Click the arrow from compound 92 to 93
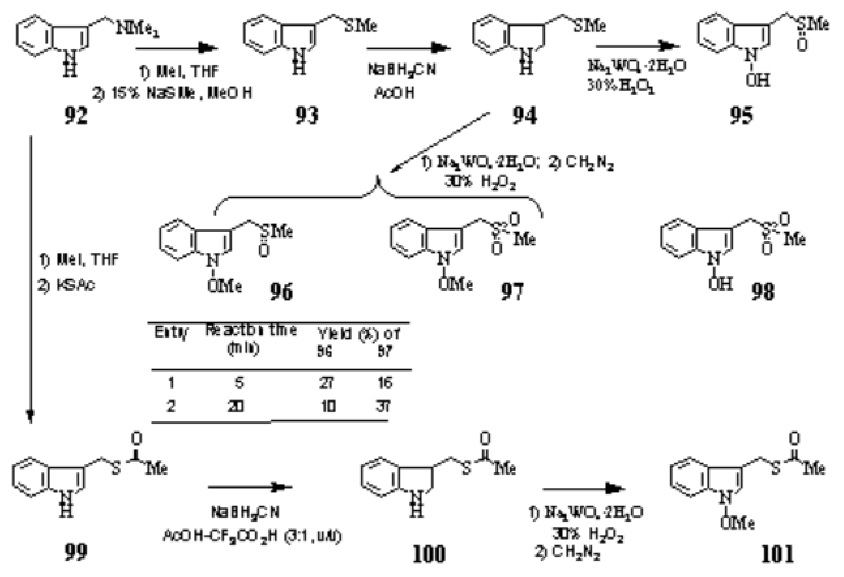pos(177,48)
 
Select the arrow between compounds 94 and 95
pos(638,46)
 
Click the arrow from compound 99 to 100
pos(250,488)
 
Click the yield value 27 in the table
pos(326,383)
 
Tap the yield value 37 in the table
pos(383,406)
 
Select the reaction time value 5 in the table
pos(239,383)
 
